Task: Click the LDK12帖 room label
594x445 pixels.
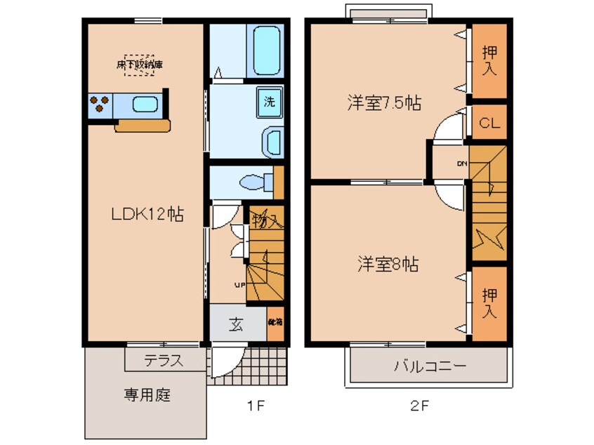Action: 147,215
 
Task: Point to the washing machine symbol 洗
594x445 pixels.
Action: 269,100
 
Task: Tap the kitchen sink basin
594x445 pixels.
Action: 145,105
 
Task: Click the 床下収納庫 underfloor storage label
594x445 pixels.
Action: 140,65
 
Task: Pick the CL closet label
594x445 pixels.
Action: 489,124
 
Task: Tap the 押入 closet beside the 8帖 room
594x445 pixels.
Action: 489,303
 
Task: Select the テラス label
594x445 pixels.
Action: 164,361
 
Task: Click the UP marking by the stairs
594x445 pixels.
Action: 239,284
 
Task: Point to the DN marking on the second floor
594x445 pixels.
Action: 462,164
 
